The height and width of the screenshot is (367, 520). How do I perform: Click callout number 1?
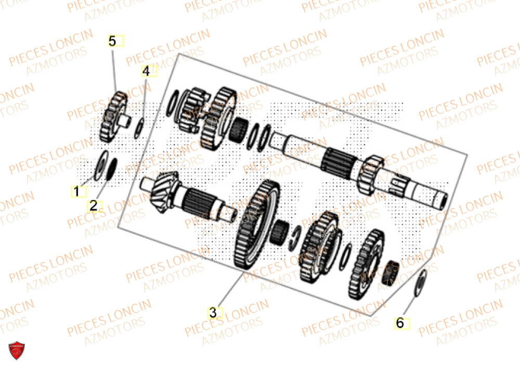76,192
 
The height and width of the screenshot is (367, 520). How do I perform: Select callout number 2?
93,206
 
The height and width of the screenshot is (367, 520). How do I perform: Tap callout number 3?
213,312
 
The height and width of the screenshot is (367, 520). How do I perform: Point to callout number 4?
146,71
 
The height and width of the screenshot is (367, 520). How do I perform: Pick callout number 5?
113,41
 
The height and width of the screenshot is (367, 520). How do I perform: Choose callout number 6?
399,323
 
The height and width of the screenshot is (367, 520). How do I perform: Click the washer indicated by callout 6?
421,284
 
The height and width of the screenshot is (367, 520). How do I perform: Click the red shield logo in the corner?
17,351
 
